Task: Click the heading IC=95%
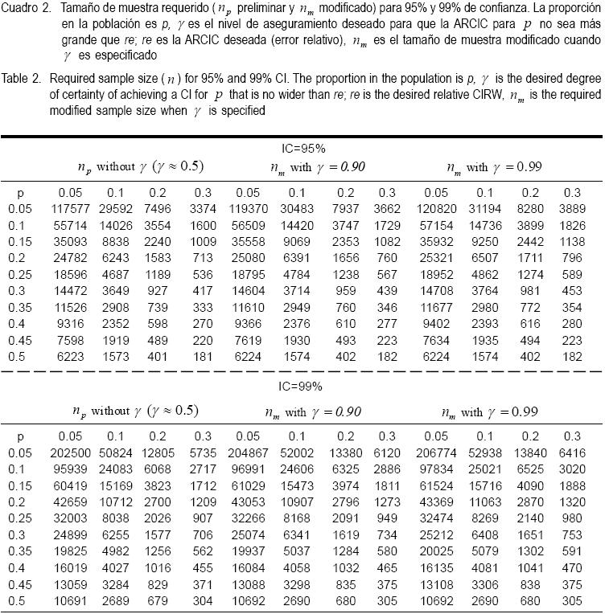pos(298,149)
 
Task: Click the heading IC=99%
pos(298,387)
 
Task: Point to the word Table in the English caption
pos(16,80)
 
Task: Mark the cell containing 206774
pos(435,453)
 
